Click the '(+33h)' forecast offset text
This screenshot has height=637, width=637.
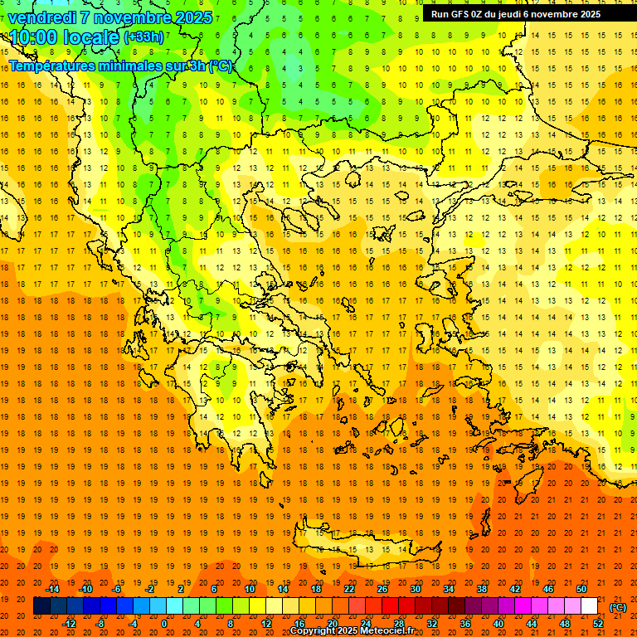(x=143, y=37)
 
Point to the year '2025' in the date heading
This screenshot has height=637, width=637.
(x=192, y=17)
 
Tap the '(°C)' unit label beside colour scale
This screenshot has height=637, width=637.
(x=618, y=607)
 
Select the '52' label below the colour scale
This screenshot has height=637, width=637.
(x=598, y=624)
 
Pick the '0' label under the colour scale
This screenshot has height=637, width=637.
(x=164, y=624)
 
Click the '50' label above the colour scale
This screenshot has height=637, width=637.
(x=581, y=589)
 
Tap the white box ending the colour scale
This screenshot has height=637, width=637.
(x=590, y=606)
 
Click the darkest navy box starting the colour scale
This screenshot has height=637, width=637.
(x=41, y=606)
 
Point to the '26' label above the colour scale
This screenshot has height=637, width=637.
(x=382, y=589)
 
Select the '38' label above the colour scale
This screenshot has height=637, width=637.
(x=482, y=589)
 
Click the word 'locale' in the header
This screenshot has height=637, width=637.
(x=90, y=37)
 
